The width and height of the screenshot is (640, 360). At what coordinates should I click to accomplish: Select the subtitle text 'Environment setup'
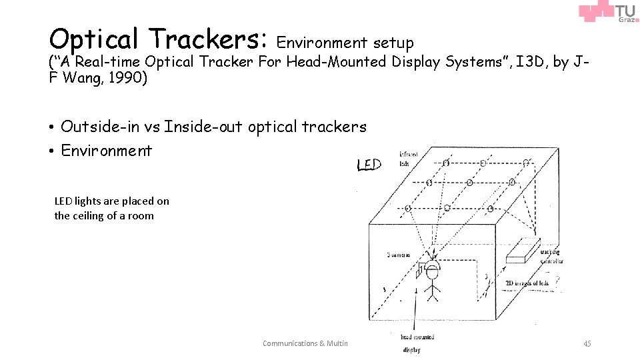tap(345, 43)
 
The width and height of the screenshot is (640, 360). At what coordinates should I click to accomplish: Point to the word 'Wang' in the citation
tap(81, 78)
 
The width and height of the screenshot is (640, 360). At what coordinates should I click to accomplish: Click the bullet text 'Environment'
tap(107, 150)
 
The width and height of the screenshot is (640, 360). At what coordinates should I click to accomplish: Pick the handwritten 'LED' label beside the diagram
tap(369, 163)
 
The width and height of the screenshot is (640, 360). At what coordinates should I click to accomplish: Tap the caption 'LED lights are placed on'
tap(112, 201)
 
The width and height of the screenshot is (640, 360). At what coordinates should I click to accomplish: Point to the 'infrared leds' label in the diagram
tap(409, 158)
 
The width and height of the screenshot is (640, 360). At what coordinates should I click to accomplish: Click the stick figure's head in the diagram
tap(433, 273)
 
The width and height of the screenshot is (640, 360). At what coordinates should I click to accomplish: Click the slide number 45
tap(587, 343)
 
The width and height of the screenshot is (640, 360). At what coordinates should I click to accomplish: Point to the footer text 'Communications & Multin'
tap(306, 343)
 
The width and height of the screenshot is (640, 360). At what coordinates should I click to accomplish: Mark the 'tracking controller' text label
tap(551, 257)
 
